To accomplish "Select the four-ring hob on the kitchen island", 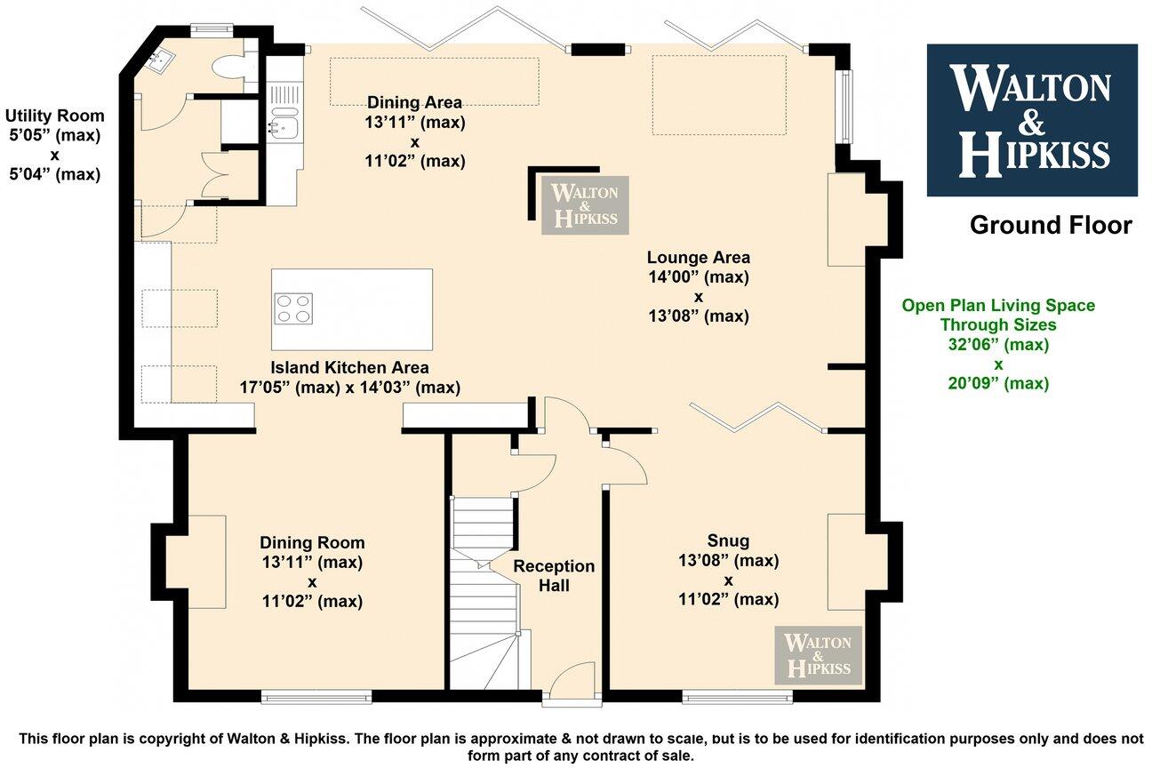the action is [293, 308].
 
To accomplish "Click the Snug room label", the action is [728, 540].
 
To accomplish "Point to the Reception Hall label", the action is [554, 576].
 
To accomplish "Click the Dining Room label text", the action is [312, 543].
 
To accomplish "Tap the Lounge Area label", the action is [698, 257].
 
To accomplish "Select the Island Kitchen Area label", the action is [349, 368].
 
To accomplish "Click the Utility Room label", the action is [54, 116].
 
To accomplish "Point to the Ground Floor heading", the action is [1051, 225].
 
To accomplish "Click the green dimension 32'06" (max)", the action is [998, 344].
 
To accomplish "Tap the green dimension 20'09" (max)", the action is [998, 383].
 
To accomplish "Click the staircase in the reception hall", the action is [484, 593].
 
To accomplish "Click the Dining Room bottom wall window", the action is [316, 698].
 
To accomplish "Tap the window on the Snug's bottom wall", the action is [738, 698].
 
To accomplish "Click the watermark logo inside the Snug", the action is [818, 655].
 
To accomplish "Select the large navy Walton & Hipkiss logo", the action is [1032, 120].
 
